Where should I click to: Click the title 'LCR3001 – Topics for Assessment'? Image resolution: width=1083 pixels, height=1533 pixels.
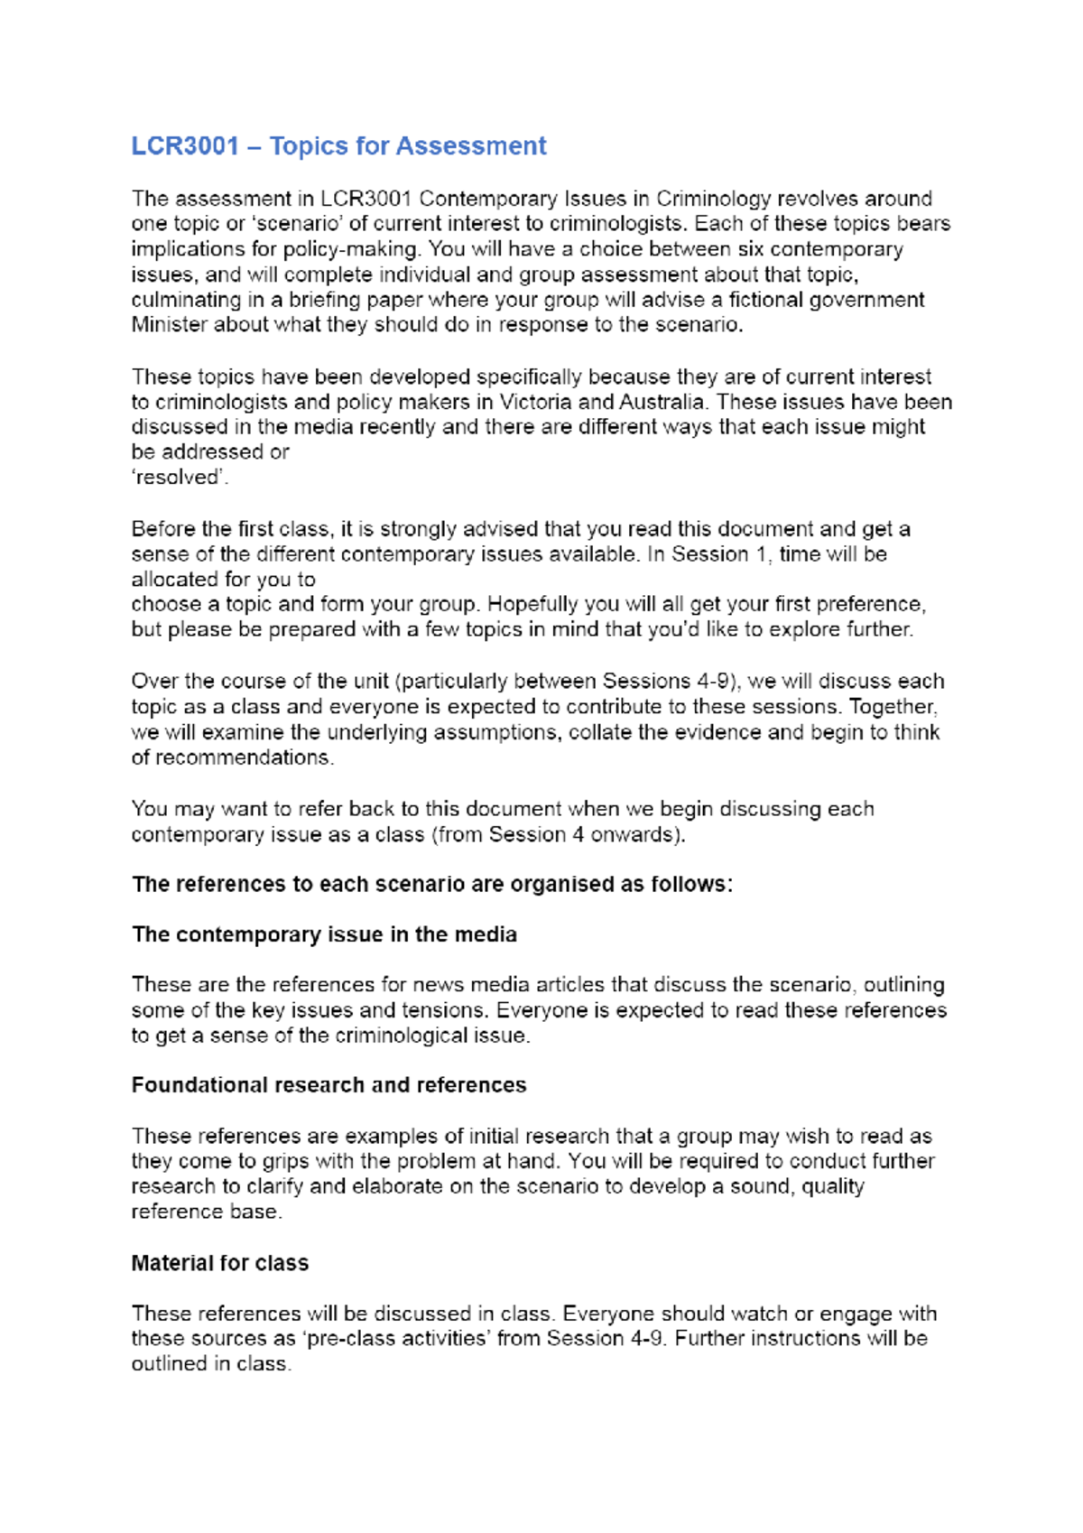click(x=338, y=146)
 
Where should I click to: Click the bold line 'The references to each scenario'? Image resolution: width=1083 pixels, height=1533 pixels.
click(x=431, y=884)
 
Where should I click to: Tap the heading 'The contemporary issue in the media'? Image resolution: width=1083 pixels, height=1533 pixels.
click(x=324, y=934)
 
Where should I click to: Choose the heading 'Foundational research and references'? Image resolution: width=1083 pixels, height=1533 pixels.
click(x=329, y=1085)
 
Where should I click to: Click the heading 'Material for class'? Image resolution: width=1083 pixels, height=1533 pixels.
click(x=220, y=1263)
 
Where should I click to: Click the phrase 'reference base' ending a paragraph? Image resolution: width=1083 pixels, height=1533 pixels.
click(x=205, y=1212)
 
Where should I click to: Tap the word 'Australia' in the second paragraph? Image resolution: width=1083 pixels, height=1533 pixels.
click(x=662, y=402)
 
